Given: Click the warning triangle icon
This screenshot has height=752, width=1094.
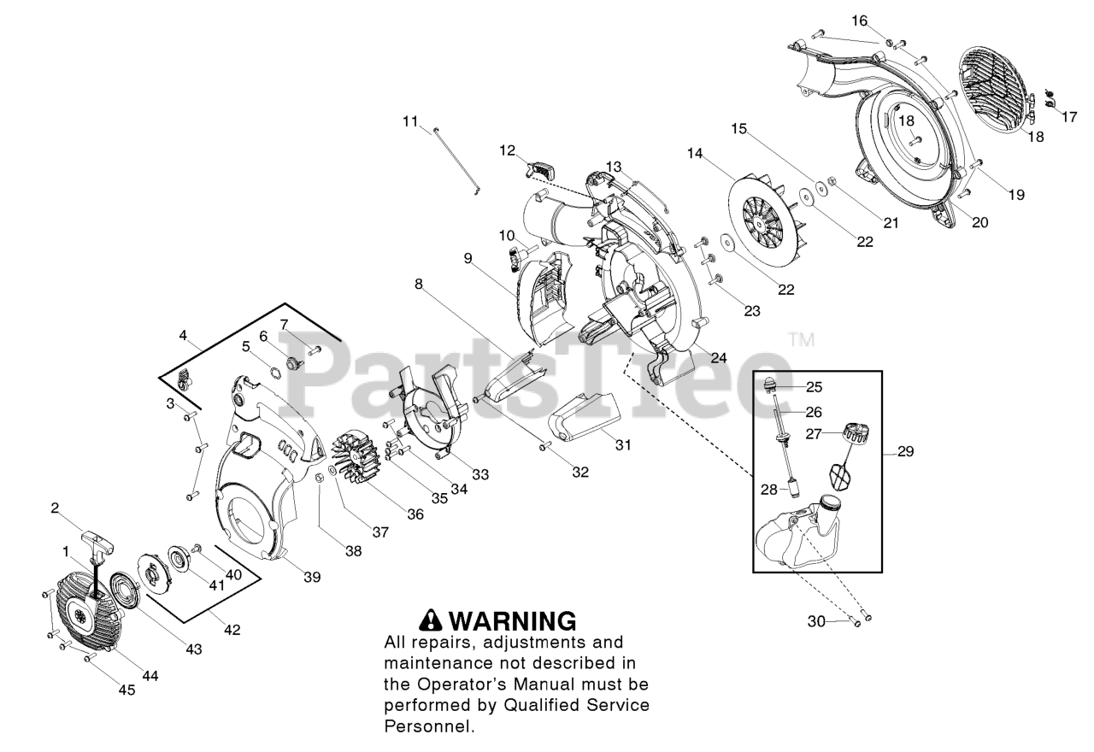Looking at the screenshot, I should point(429,621).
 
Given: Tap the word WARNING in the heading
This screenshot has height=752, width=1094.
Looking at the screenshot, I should point(512,621).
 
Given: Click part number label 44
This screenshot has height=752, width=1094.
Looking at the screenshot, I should point(150,675).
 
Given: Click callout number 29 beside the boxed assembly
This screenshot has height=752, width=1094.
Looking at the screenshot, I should point(905,451).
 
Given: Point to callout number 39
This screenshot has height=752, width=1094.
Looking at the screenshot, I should point(312,577).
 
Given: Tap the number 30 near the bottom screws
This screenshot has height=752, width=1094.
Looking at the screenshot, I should point(816,621).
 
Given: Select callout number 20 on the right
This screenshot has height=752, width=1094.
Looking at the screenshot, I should point(979,221).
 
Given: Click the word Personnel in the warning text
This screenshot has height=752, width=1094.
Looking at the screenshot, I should point(427,727).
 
